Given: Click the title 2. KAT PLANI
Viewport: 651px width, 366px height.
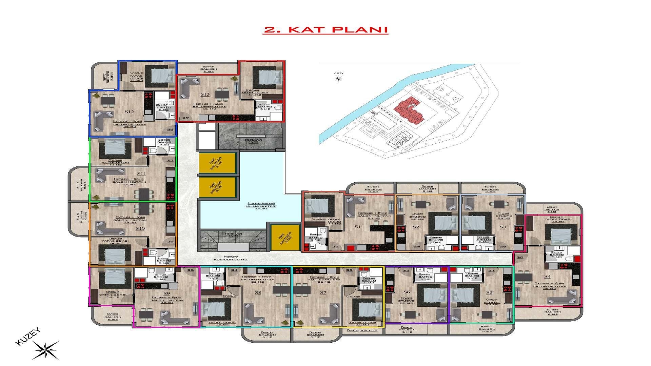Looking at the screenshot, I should click(x=325, y=29).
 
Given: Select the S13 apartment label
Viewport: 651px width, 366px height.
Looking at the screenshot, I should click(x=205, y=94).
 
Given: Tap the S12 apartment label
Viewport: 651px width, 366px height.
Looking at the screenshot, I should click(x=129, y=112).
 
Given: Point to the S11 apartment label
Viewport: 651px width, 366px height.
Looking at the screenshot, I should click(x=141, y=174).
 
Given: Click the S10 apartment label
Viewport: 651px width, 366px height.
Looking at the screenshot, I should click(x=140, y=228).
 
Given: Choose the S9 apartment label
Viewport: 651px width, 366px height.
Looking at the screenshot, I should click(x=166, y=293).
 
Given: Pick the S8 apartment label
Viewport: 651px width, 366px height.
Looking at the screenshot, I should click(x=258, y=292).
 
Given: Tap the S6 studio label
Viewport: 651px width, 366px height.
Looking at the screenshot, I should click(x=407, y=292).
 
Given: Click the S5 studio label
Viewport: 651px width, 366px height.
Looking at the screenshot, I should click(x=489, y=292).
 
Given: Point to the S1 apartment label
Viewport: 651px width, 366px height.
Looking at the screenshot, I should click(x=357, y=227).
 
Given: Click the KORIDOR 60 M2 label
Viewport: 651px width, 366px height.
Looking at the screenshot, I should click(x=231, y=258).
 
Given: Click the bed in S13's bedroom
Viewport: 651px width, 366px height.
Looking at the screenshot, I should click(x=270, y=77).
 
